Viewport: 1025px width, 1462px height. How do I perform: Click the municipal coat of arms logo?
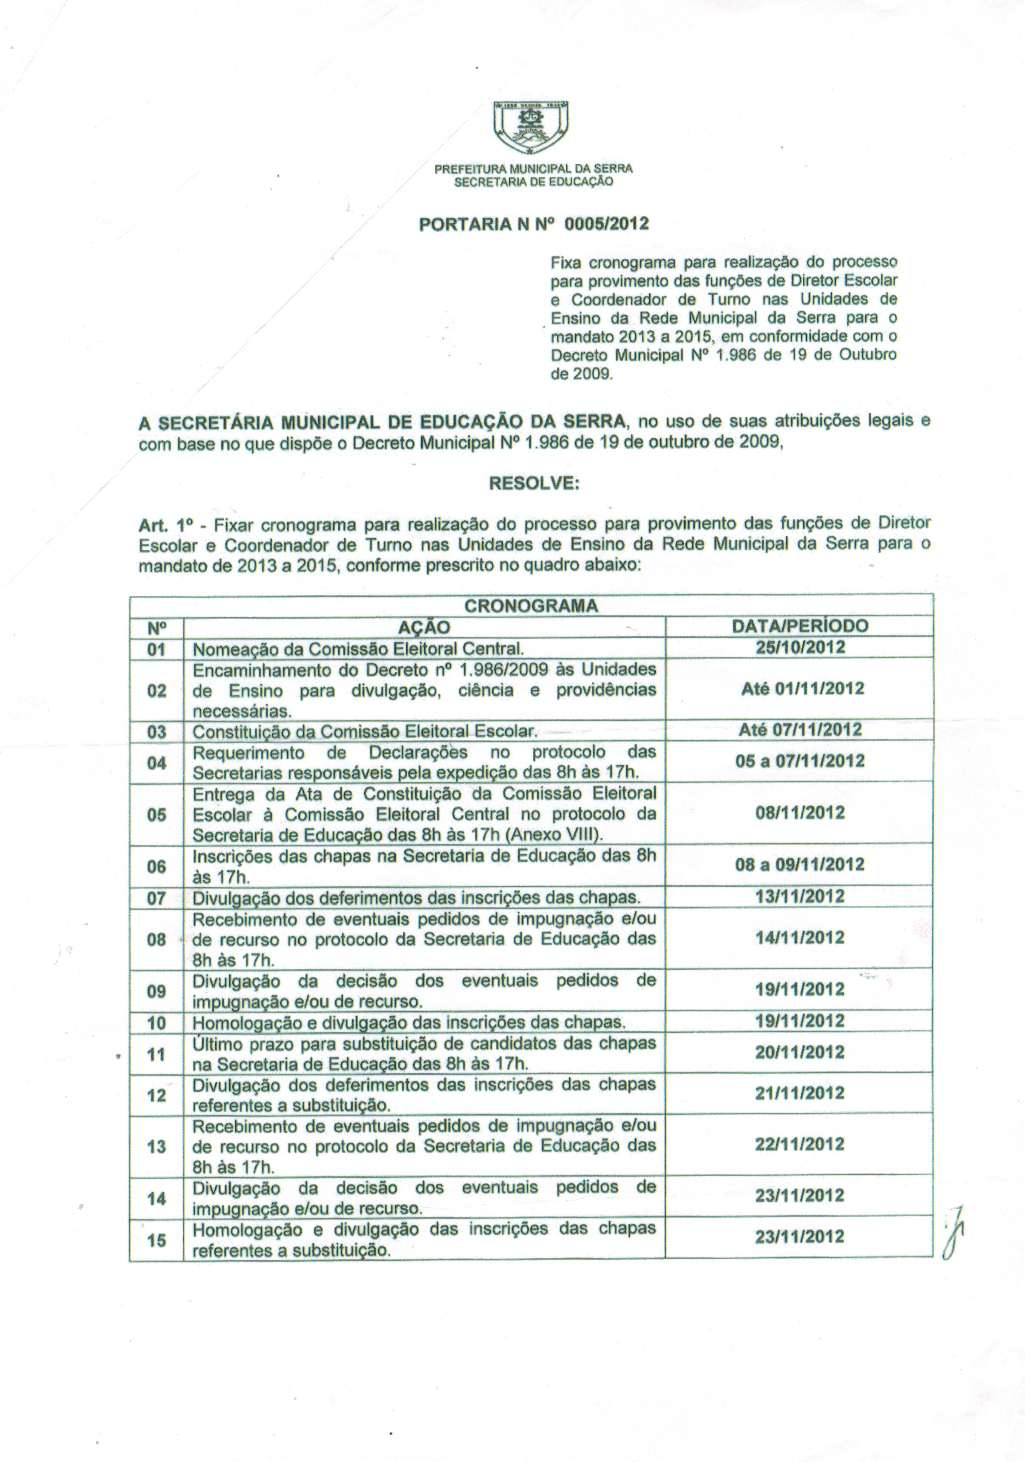pyautogui.click(x=531, y=129)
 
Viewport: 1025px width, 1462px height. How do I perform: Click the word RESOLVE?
pyautogui.click(x=534, y=484)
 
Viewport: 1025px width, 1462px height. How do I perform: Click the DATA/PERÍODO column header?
pyautogui.click(x=799, y=626)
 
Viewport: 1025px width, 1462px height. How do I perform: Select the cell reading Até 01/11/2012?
pyautogui.click(x=802, y=689)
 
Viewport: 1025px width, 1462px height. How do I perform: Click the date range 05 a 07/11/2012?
pyautogui.click(x=799, y=761)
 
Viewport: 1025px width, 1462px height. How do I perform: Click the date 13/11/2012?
pyautogui.click(x=799, y=897)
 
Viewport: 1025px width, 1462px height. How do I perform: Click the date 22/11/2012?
pyautogui.click(x=799, y=1144)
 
